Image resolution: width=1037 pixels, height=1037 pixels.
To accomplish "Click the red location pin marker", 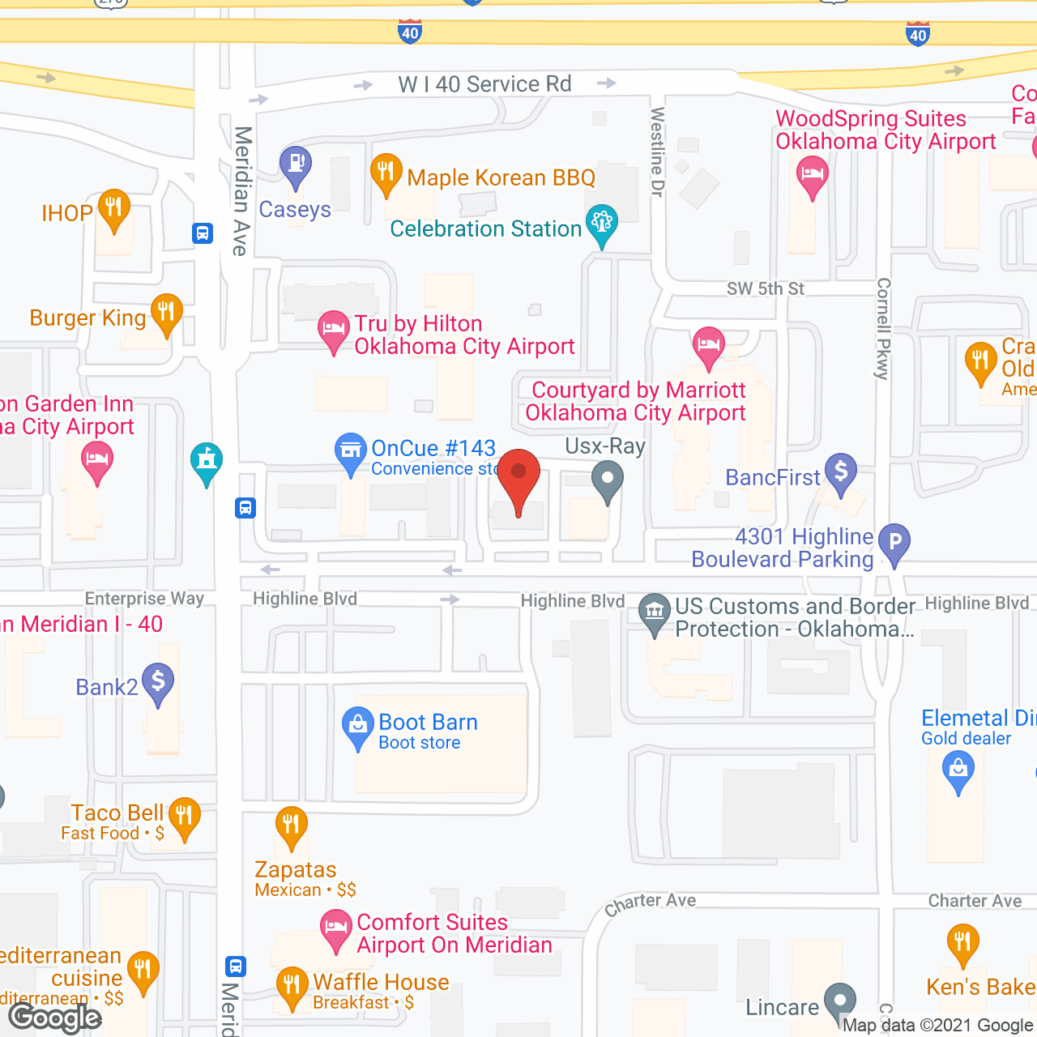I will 518,478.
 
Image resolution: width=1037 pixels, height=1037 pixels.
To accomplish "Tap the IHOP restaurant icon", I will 114,208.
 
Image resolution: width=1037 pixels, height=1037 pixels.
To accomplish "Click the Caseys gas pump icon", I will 296,164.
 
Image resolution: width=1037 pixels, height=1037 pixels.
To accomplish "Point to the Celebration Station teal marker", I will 602,224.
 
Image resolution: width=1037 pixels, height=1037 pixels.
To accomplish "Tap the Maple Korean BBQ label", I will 501,177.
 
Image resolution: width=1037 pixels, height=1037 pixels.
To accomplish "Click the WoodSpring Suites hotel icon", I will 812,175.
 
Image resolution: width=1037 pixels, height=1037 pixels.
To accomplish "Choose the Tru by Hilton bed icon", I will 333,330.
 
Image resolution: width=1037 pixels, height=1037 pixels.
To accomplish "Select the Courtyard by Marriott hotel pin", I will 709,346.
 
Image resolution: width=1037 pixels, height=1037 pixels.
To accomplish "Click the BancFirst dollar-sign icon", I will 841,472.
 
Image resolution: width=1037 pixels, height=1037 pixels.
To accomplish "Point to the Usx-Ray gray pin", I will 607,480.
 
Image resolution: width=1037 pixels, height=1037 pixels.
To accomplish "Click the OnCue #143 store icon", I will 351,451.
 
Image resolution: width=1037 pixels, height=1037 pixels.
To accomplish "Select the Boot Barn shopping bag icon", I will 357,726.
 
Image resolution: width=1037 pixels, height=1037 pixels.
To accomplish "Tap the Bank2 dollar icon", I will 158,682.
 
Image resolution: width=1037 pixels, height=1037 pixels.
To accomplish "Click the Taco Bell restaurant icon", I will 185,816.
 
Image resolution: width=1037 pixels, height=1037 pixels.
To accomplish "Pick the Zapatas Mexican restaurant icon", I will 291,826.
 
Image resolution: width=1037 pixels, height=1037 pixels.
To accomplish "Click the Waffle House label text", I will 381,982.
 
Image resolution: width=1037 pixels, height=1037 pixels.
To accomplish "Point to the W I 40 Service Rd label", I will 484,84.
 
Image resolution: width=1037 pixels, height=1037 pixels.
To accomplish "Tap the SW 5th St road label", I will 765,289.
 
